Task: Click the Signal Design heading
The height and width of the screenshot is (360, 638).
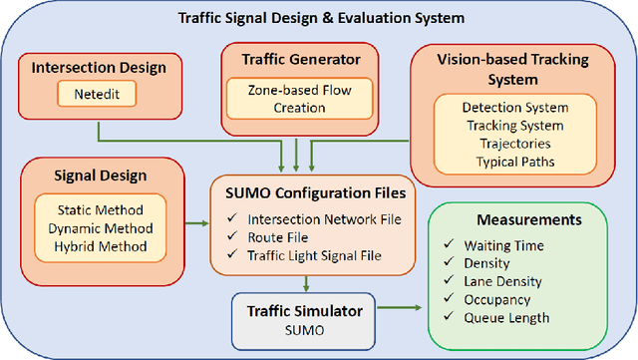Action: tap(99, 175)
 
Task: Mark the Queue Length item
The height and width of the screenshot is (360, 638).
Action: tap(505, 318)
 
